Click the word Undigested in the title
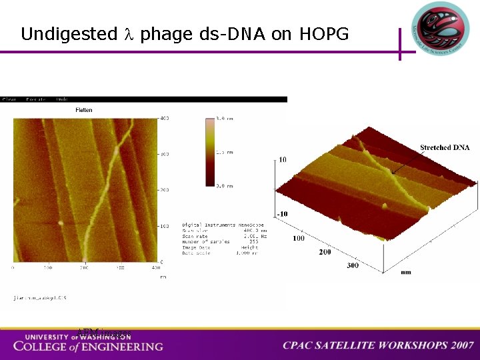coord(69,34)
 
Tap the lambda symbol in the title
coord(129,34)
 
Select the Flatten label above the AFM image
coord(84,109)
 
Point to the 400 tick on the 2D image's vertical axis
coord(163,118)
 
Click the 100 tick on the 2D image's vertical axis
coord(163,226)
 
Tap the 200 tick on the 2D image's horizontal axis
coord(85,267)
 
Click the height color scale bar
coord(211,151)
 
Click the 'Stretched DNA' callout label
coord(445,147)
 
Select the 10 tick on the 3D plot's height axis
coord(283,160)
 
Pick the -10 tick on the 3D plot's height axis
coord(282,213)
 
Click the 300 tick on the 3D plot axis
coord(352,265)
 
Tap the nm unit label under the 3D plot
coord(405,272)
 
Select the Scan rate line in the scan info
coord(220,236)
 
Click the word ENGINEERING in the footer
coord(123,346)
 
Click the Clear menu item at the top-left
coord(9,99)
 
